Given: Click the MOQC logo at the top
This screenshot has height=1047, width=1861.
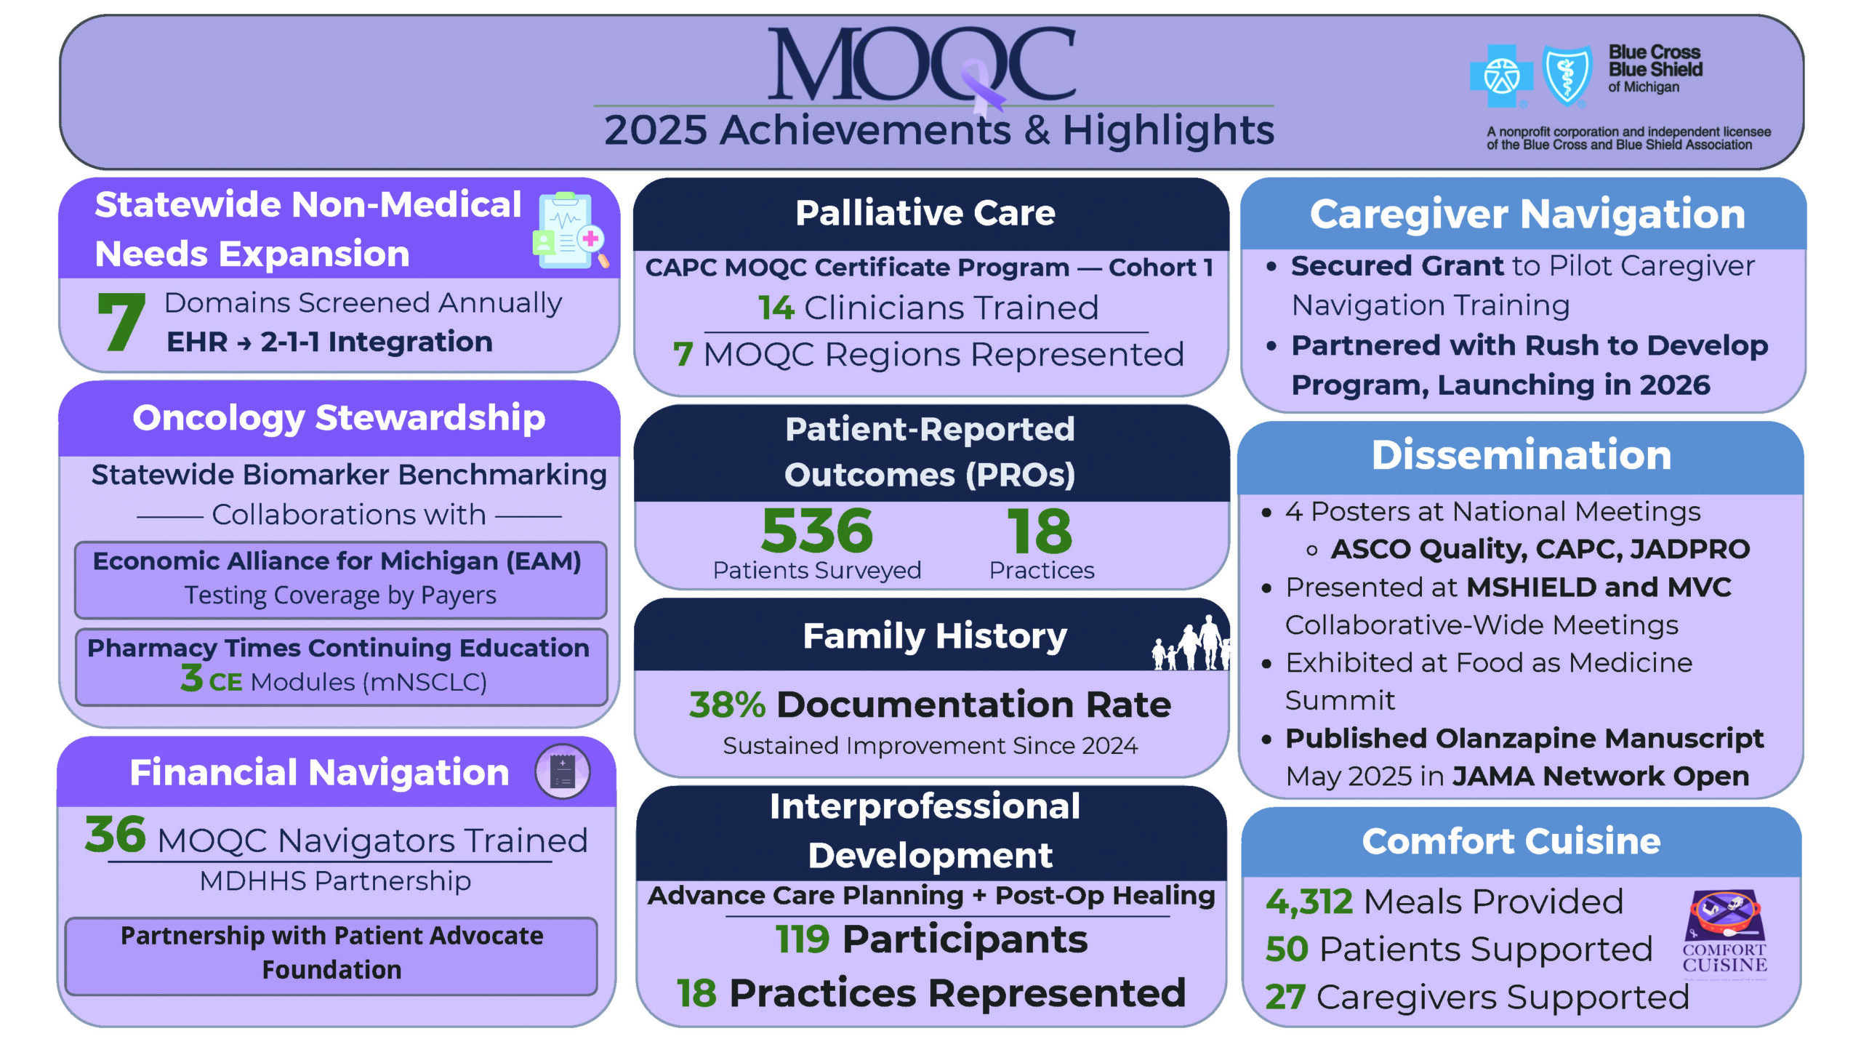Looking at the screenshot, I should (x=922, y=65).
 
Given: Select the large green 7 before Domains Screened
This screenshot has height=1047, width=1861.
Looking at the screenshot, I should (x=121, y=321).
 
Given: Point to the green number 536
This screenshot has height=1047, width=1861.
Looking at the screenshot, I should (x=816, y=531).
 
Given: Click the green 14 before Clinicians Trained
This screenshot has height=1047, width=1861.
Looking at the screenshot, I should (x=776, y=308).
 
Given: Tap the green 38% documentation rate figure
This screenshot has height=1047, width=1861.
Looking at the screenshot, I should (x=727, y=705).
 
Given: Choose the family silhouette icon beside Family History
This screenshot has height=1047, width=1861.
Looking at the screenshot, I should (x=1191, y=643).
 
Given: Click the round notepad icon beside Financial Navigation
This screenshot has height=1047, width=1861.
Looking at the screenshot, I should (x=562, y=771).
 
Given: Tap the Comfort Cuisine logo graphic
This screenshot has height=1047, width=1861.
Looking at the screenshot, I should (x=1724, y=931).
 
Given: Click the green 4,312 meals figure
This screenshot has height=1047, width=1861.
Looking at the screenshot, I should (x=1309, y=902).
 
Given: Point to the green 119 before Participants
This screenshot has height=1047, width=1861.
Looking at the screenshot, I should (x=803, y=939).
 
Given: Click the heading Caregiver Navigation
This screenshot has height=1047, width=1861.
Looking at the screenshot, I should (x=1527, y=214).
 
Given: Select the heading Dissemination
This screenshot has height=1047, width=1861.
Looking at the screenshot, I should (x=1522, y=455).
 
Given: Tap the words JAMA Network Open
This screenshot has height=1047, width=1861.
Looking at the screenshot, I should (x=1601, y=777).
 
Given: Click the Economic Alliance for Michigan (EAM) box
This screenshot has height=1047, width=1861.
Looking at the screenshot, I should (x=340, y=579).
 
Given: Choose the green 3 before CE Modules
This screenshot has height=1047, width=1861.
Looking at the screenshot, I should (x=192, y=678).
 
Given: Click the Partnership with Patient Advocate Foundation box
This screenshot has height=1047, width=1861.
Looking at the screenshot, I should (x=331, y=953).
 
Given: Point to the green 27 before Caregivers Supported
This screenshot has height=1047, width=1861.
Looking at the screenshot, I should (x=1285, y=998).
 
